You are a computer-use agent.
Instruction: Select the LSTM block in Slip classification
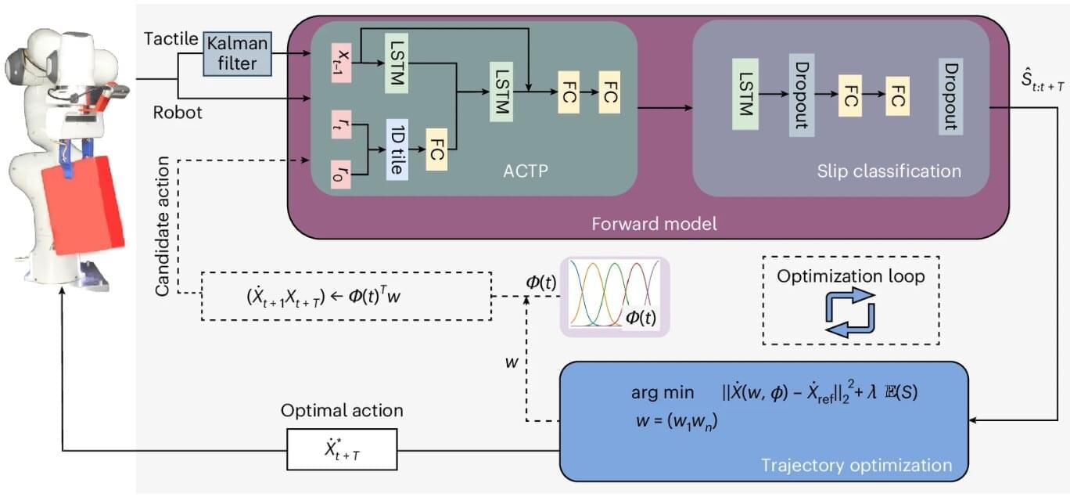point(745,94)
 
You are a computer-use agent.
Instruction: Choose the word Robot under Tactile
point(177,113)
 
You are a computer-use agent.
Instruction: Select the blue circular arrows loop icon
point(850,312)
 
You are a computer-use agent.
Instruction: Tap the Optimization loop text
point(849,276)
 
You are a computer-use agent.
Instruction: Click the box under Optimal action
point(342,449)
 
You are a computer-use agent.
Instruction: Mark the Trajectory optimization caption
point(856,466)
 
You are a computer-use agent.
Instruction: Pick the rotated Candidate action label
point(163,235)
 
